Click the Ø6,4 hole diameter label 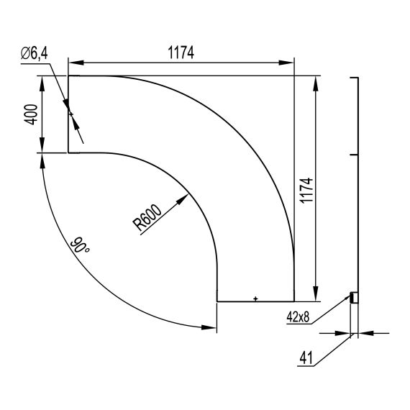click(x=35, y=54)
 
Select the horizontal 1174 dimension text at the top click(x=181, y=53)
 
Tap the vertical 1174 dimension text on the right click(x=306, y=190)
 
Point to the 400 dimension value click(x=31, y=114)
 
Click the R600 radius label click(x=147, y=217)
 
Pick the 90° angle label click(x=80, y=245)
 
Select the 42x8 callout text click(x=298, y=317)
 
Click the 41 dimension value click(x=306, y=358)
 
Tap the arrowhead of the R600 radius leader click(x=183, y=199)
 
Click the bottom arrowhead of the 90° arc click(x=209, y=327)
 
